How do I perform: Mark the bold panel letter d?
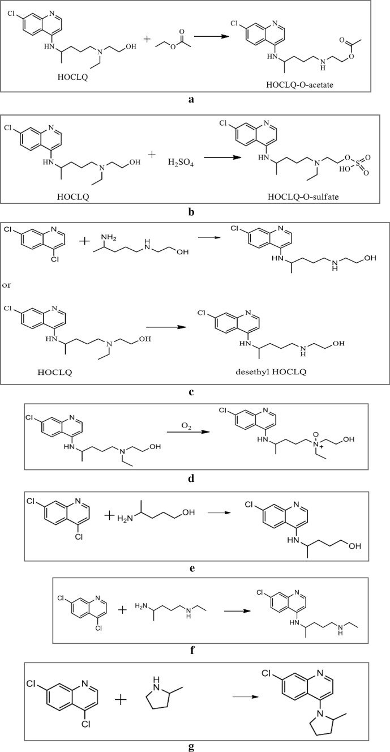tap(193, 478)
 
